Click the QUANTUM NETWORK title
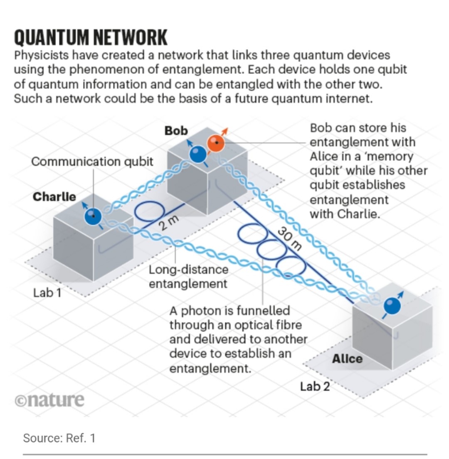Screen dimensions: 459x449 (91, 38)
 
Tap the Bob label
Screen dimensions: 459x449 (176, 130)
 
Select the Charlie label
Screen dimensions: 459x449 (54, 196)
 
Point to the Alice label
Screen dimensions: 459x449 (347, 358)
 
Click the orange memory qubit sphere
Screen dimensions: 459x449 (216, 144)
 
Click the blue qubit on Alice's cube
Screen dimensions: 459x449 (392, 307)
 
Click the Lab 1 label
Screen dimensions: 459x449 (47, 293)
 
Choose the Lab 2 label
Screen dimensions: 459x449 (315, 386)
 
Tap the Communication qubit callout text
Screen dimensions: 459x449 (92, 161)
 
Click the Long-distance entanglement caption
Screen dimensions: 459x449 (188, 277)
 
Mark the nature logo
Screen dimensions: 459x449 (49, 400)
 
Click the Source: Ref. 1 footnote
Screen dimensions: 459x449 (59, 437)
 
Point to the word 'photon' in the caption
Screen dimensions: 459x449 (211, 310)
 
